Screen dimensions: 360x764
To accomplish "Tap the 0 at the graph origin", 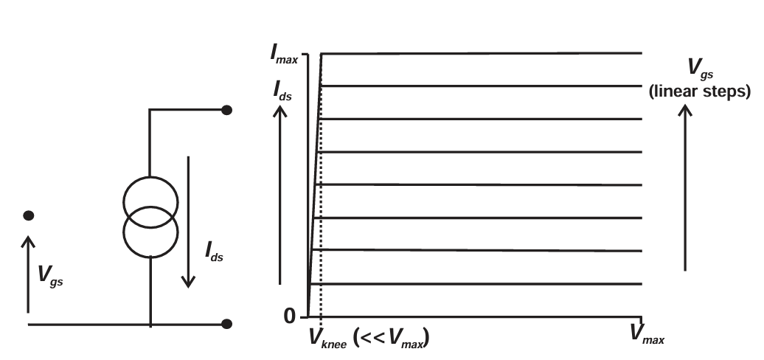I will coord(290,316).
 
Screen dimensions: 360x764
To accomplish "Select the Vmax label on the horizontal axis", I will coord(647,334).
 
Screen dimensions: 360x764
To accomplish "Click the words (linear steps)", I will coord(699,92).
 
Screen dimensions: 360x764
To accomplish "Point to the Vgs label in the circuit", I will coord(49,277).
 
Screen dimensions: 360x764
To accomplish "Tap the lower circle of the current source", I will coord(150,232).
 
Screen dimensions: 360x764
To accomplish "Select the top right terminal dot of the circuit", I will coord(226,110).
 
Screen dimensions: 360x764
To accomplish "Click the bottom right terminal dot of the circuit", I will coord(226,324).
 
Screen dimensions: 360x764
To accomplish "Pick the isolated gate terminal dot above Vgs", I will coord(29,215).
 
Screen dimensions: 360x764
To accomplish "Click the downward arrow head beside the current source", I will coord(189,280).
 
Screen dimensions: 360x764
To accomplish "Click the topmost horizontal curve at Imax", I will coord(479,53).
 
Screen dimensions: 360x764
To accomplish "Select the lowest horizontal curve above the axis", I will coord(479,283).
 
